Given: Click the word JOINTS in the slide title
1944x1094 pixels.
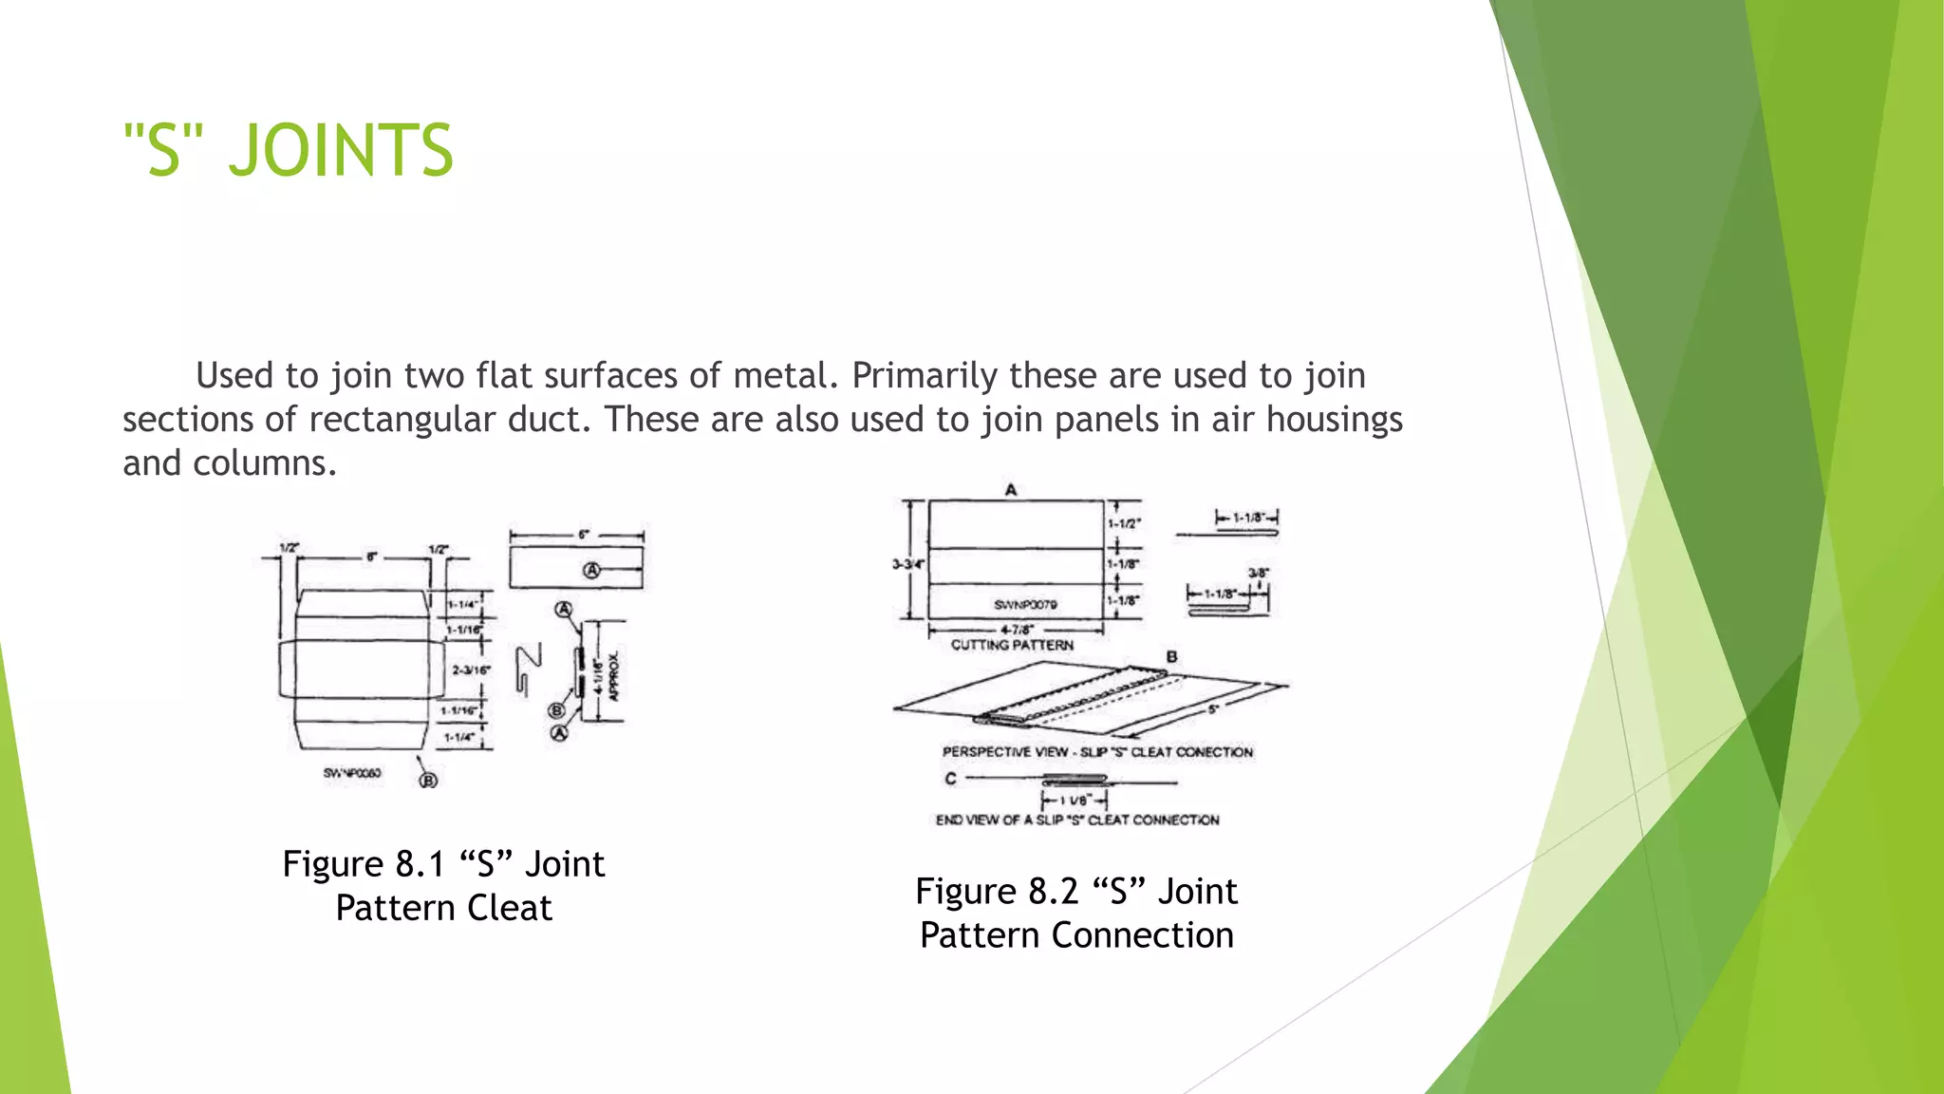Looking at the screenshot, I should [342, 151].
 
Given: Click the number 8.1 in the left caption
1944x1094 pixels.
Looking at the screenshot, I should [420, 864].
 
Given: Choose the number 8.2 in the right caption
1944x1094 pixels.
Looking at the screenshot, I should [1053, 892].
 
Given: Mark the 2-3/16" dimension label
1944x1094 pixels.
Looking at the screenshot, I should [471, 670].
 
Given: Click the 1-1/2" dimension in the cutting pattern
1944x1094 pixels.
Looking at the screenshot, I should [1125, 523].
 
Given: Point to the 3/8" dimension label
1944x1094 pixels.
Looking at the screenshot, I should [1258, 573].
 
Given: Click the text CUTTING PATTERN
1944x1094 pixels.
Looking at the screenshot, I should [1012, 645].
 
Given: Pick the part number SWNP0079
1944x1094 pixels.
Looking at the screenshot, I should [1025, 604].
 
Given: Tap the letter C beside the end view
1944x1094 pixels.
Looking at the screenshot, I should [950, 779].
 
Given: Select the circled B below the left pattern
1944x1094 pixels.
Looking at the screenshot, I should [429, 780].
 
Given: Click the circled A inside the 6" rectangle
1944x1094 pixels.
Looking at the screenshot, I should [592, 570].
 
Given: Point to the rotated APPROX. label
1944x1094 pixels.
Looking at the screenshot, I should [614, 675].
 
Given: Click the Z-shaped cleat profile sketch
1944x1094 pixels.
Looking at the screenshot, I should [528, 669].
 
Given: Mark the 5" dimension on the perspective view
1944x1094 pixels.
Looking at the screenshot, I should [1212, 709].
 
